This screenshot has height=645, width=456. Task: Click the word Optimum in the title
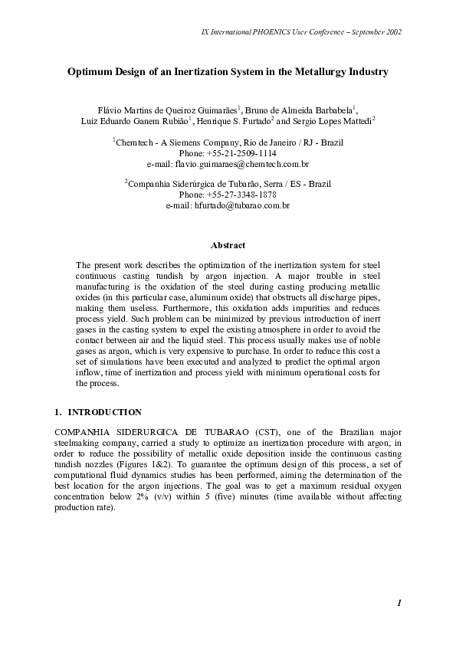tap(89, 72)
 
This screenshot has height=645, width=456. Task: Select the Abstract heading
tap(228, 245)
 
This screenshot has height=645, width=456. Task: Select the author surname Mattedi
tap(356, 121)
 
